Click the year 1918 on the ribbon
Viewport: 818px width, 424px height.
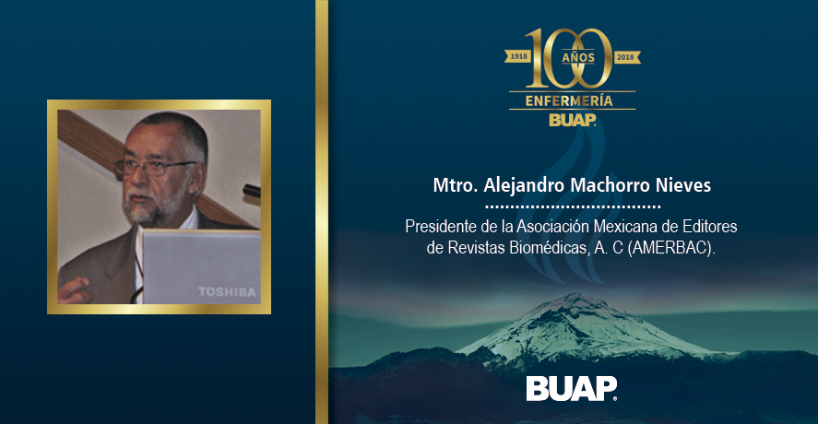click(x=518, y=56)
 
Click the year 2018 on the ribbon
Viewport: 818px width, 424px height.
click(x=625, y=56)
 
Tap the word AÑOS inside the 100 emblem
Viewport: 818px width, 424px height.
click(x=578, y=57)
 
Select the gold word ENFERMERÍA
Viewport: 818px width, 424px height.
click(x=569, y=100)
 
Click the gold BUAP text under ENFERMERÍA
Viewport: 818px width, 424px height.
click(x=573, y=120)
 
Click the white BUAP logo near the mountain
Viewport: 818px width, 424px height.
click(x=571, y=389)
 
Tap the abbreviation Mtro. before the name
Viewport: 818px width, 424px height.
click(x=456, y=185)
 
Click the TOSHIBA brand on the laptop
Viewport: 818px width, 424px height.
click(x=227, y=292)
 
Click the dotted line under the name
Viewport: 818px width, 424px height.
click(x=573, y=207)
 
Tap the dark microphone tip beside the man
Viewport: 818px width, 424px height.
click(x=252, y=191)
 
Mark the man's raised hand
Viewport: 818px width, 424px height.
click(x=75, y=290)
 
